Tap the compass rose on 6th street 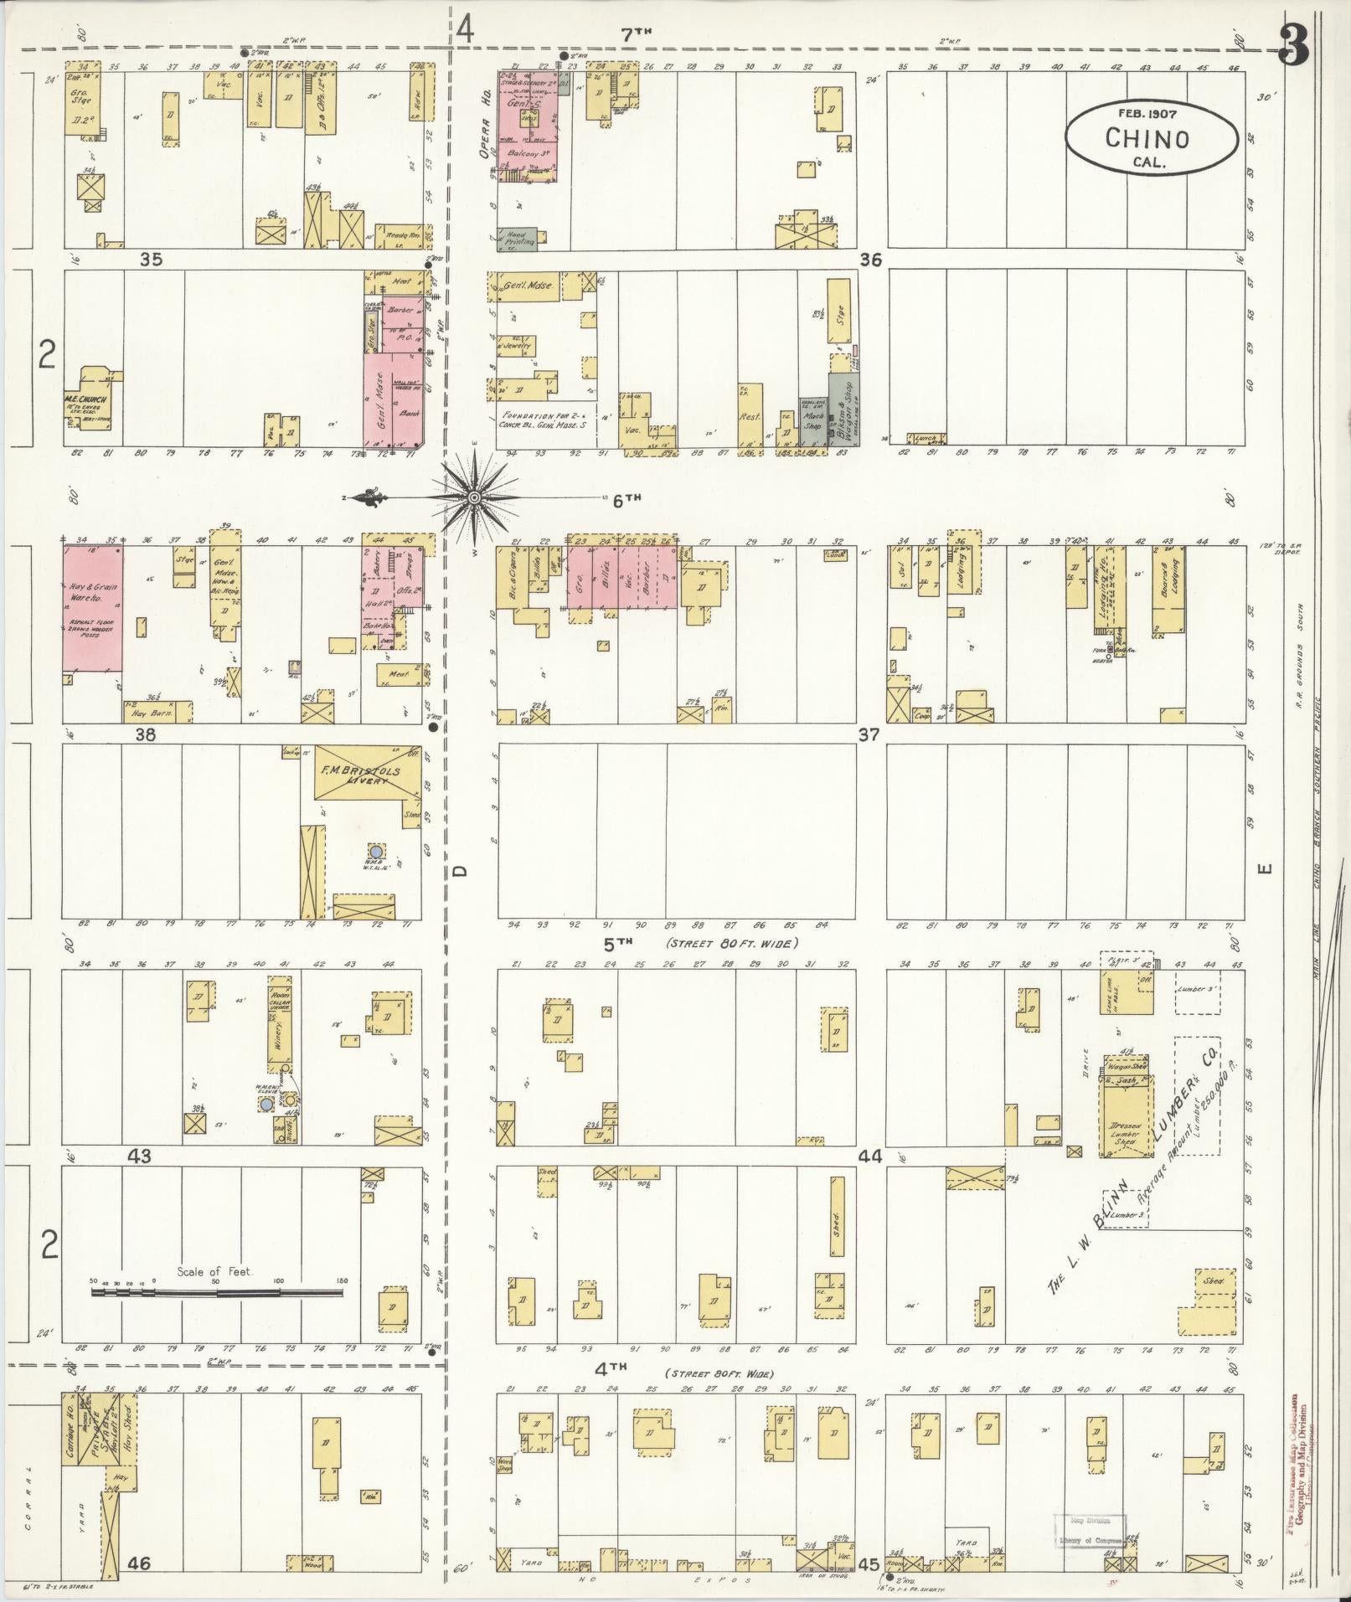(x=474, y=498)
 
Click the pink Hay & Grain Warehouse (x=91, y=608)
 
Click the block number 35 (x=151, y=260)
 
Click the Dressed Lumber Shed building (x=1124, y=1131)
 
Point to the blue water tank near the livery (x=376, y=851)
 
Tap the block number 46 (x=139, y=1563)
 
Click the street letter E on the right (x=1266, y=868)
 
